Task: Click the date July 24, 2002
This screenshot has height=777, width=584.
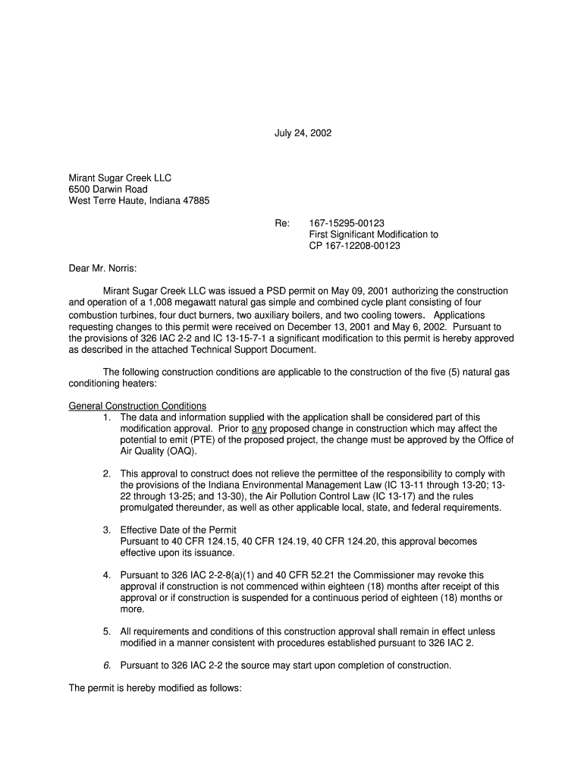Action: pyautogui.click(x=303, y=134)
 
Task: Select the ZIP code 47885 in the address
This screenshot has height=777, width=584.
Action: pyautogui.click(x=196, y=201)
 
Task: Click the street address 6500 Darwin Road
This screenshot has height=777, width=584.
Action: pyautogui.click(x=108, y=190)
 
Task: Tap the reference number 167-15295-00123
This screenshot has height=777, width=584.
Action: pyautogui.click(x=347, y=223)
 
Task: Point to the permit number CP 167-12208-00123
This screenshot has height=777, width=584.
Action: pyautogui.click(x=354, y=246)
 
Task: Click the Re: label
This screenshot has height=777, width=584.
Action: pyautogui.click(x=282, y=223)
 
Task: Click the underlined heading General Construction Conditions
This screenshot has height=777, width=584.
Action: pyautogui.click(x=137, y=406)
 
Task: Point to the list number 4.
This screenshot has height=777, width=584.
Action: pyautogui.click(x=107, y=575)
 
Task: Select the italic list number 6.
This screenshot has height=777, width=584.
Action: pyautogui.click(x=107, y=665)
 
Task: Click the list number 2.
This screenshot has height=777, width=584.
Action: pyautogui.click(x=107, y=474)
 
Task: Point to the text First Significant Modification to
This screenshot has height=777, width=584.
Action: pyautogui.click(x=373, y=234)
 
